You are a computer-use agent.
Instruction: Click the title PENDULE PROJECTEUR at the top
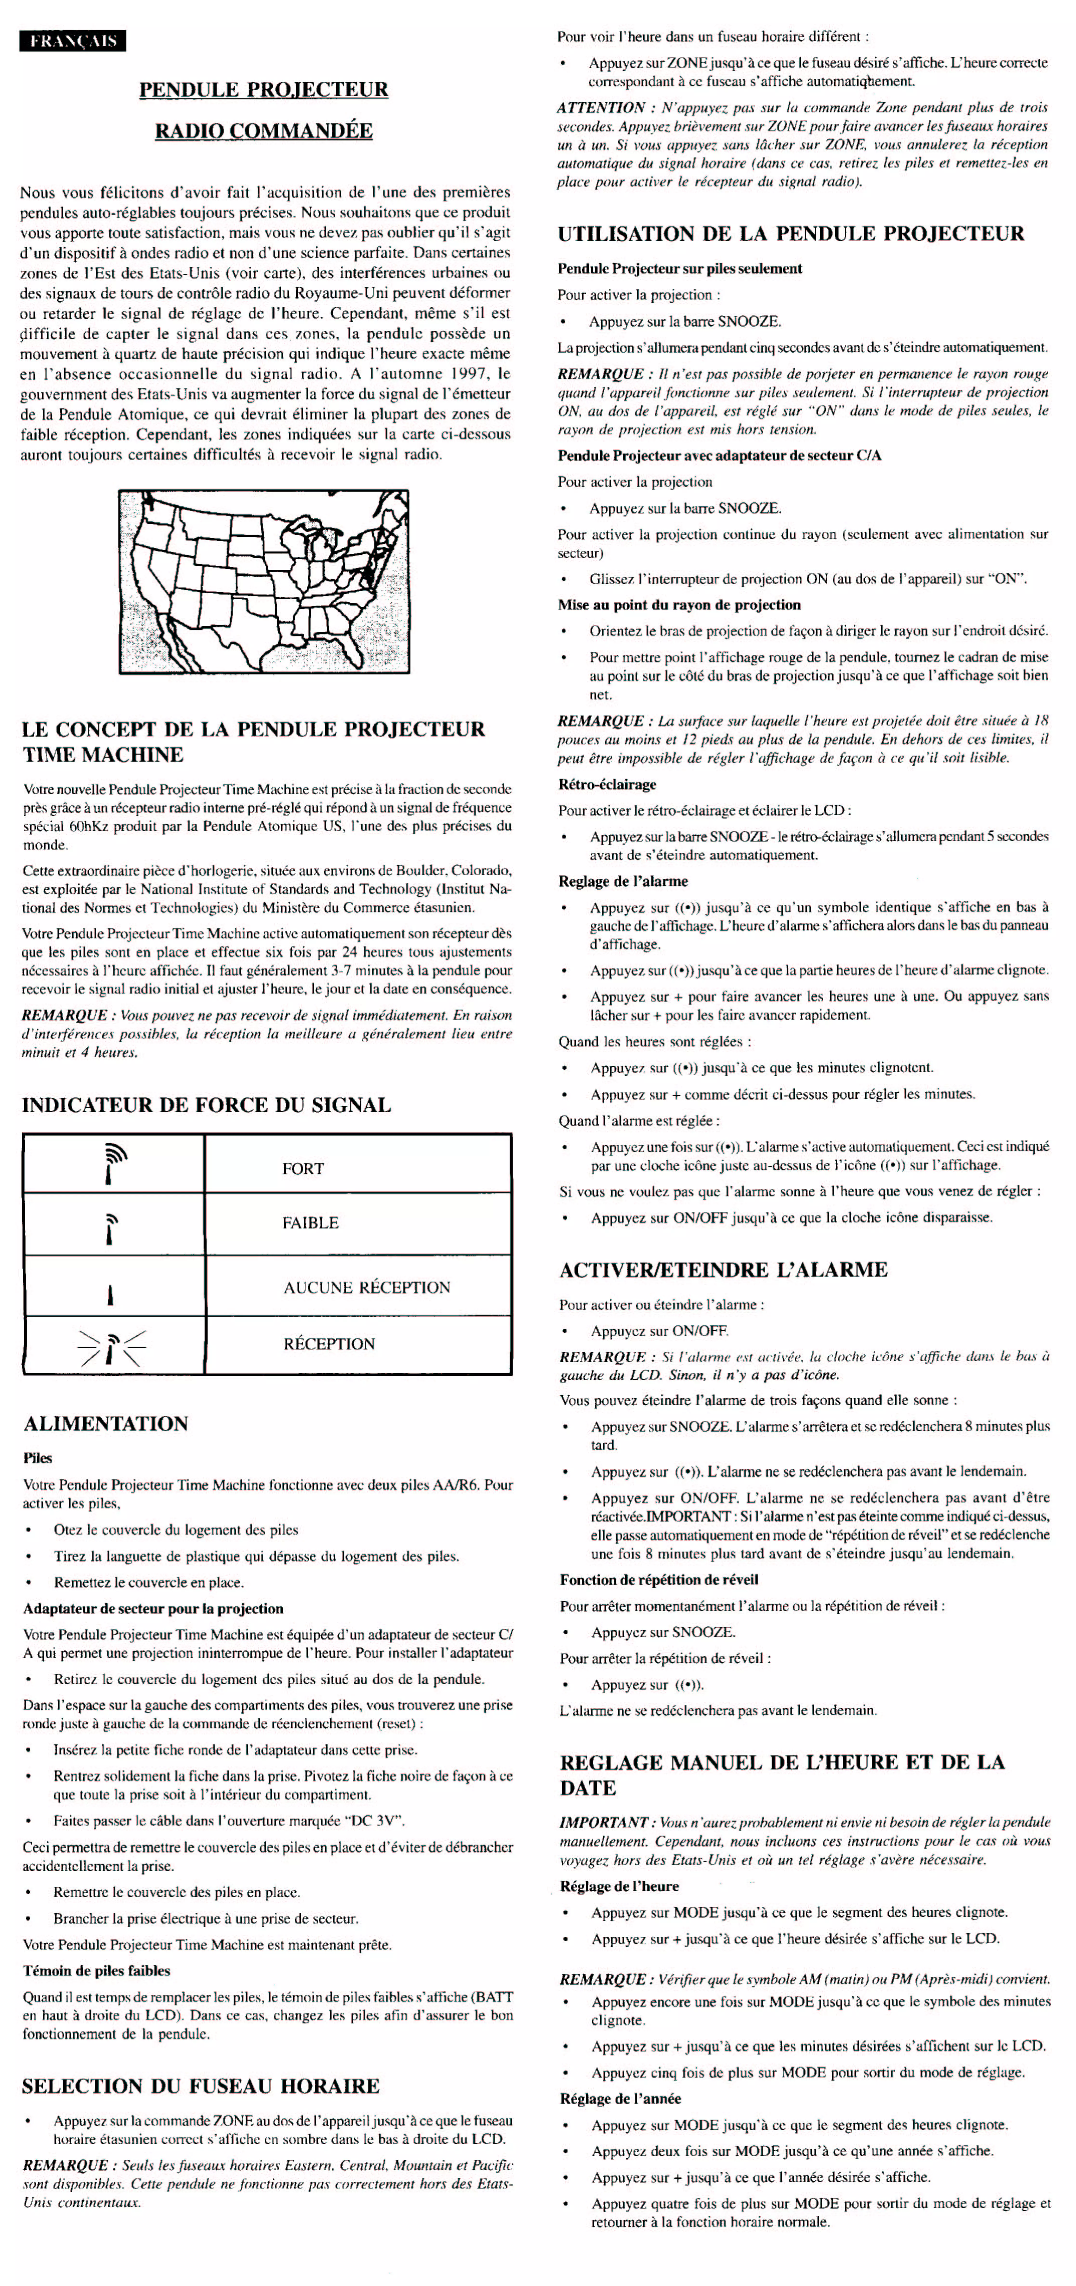tap(264, 90)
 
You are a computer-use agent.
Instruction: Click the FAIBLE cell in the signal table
tap(310, 1223)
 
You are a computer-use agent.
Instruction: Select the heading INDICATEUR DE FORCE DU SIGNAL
tap(206, 1105)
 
